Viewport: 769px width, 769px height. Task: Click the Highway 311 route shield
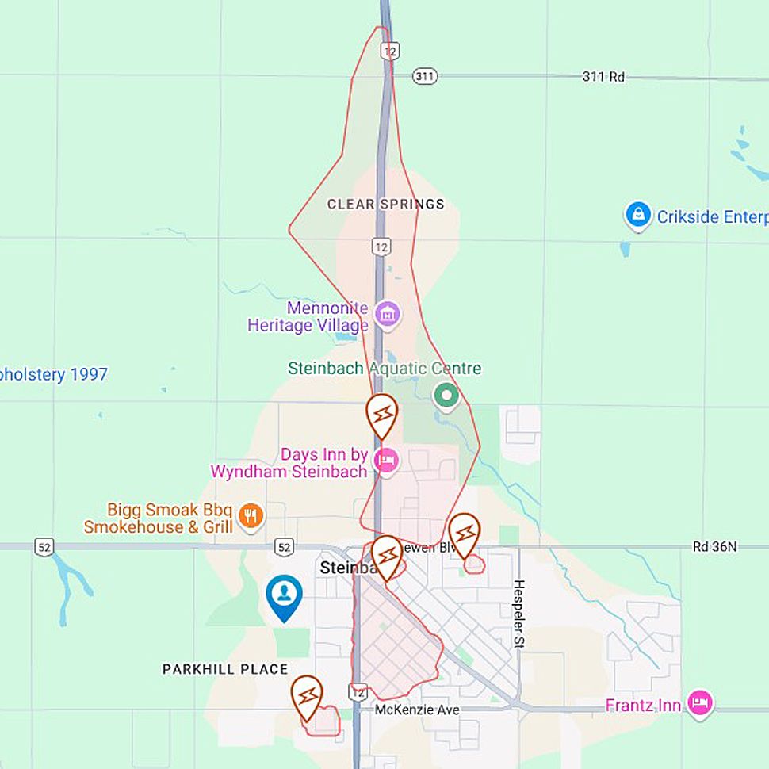click(425, 76)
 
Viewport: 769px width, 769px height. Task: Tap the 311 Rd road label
click(603, 77)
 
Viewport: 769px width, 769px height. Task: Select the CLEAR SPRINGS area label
click(385, 205)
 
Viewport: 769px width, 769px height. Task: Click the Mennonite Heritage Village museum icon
click(388, 313)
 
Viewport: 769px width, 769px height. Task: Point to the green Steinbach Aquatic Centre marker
click(446, 396)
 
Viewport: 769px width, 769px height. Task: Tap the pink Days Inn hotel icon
click(386, 460)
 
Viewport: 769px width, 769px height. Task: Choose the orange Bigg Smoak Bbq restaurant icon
click(251, 515)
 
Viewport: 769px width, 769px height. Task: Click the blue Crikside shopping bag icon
click(637, 215)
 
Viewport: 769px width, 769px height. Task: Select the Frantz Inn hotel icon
click(700, 702)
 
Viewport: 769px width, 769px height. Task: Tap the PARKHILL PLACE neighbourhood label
click(225, 669)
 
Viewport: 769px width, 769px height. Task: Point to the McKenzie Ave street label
click(417, 710)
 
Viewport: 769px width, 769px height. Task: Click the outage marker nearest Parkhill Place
click(307, 695)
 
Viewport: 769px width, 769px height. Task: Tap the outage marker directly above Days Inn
click(382, 414)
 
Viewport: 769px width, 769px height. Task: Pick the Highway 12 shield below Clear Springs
click(381, 247)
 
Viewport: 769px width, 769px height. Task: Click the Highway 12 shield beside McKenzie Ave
click(358, 691)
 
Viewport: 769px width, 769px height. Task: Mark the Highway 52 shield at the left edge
click(44, 546)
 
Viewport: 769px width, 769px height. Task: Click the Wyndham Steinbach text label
click(289, 472)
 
